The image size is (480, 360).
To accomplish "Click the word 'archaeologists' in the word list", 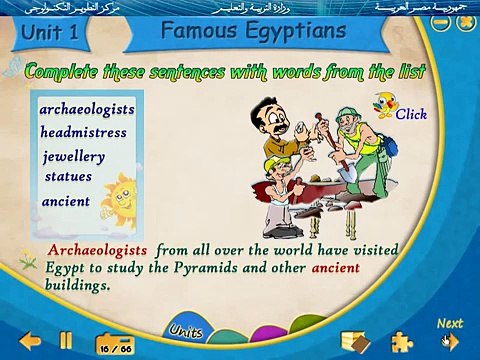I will tap(87, 108).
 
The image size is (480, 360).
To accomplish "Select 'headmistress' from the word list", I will tap(84, 131).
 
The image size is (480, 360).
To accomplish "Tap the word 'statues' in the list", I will tap(68, 176).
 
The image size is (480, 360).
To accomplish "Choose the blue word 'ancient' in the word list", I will tap(66, 201).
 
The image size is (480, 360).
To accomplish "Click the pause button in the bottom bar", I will tap(66, 340).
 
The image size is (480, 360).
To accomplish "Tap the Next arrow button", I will tap(450, 340).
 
